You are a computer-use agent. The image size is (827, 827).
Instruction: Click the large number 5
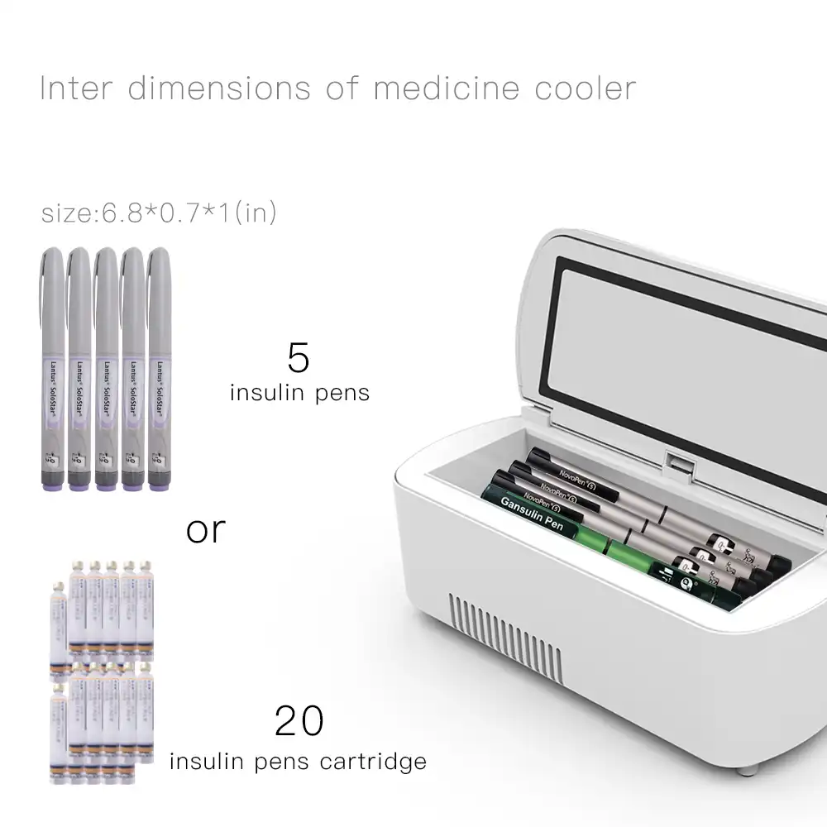[299, 356]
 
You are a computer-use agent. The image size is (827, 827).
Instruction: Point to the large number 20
[299, 720]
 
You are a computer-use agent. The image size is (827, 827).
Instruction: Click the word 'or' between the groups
[206, 529]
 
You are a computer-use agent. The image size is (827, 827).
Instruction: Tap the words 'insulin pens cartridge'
[299, 761]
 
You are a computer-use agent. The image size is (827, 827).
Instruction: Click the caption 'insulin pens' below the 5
[299, 393]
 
